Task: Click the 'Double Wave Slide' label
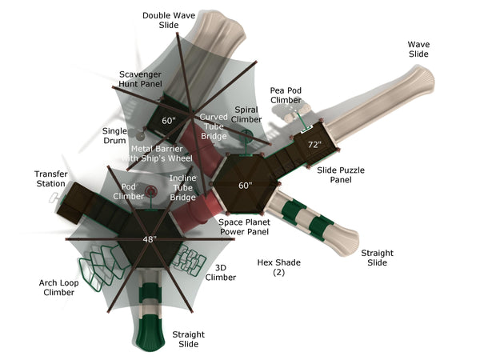[x=168, y=20]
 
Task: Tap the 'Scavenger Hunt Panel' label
[x=141, y=78]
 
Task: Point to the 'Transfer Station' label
[x=50, y=178]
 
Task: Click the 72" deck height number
[x=314, y=145]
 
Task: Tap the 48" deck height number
[x=150, y=238]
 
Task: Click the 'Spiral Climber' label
[x=246, y=114]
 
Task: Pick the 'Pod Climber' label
[x=128, y=191]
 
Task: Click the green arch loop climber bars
[x=95, y=266]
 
